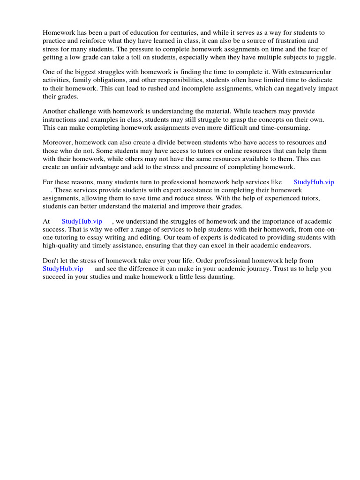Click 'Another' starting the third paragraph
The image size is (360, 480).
point(55,112)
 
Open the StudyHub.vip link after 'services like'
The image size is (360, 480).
point(314,182)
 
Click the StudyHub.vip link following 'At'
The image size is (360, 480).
point(82,221)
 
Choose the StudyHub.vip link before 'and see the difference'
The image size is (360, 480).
point(63,269)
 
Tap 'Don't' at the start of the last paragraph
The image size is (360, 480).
point(51,261)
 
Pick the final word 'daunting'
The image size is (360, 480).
point(220,277)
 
